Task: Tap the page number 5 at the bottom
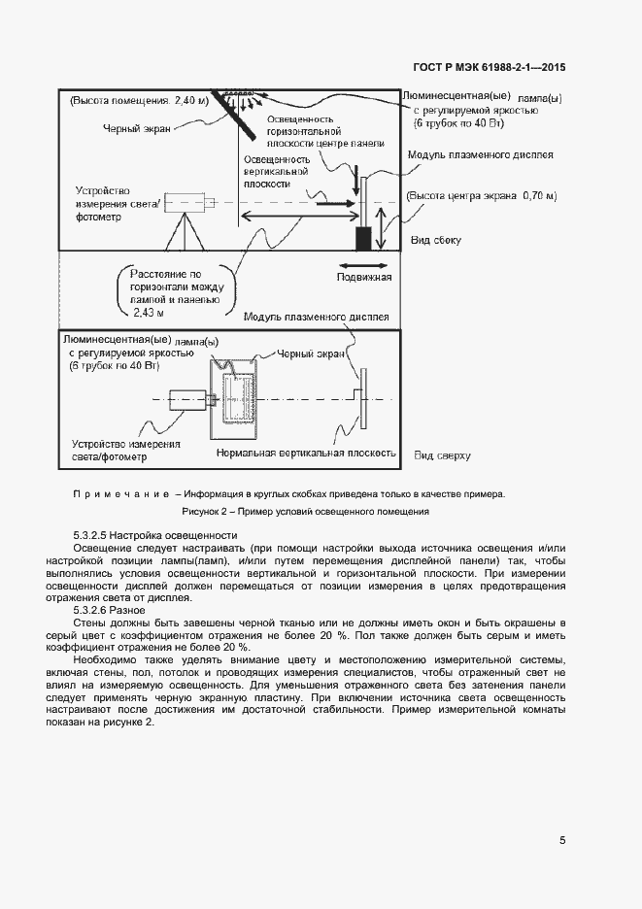tap(563, 840)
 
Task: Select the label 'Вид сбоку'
tap(436, 240)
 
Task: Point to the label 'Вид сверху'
tap(442, 454)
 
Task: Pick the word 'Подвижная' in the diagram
tap(364, 278)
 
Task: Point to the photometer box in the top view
tap(186, 399)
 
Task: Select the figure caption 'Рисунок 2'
tap(305, 511)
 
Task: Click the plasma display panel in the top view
tap(363, 399)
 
